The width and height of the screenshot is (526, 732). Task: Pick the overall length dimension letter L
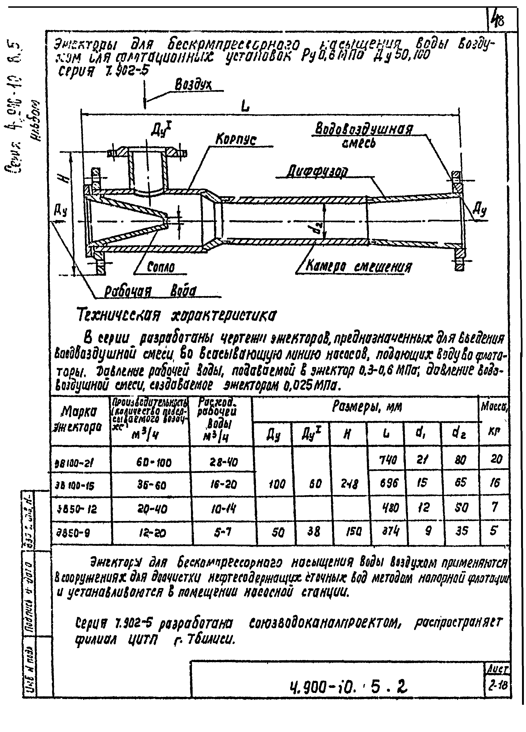coord(246,107)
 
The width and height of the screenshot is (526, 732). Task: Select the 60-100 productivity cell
coord(153,463)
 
